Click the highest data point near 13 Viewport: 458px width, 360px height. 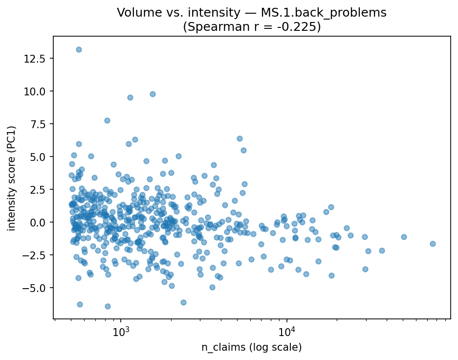(x=79, y=49)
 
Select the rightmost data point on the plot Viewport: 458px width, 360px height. (x=433, y=244)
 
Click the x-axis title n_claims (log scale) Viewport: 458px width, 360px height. (x=252, y=347)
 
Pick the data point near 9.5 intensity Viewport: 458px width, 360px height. (x=130, y=97)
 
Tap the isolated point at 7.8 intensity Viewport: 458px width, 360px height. (x=107, y=120)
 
